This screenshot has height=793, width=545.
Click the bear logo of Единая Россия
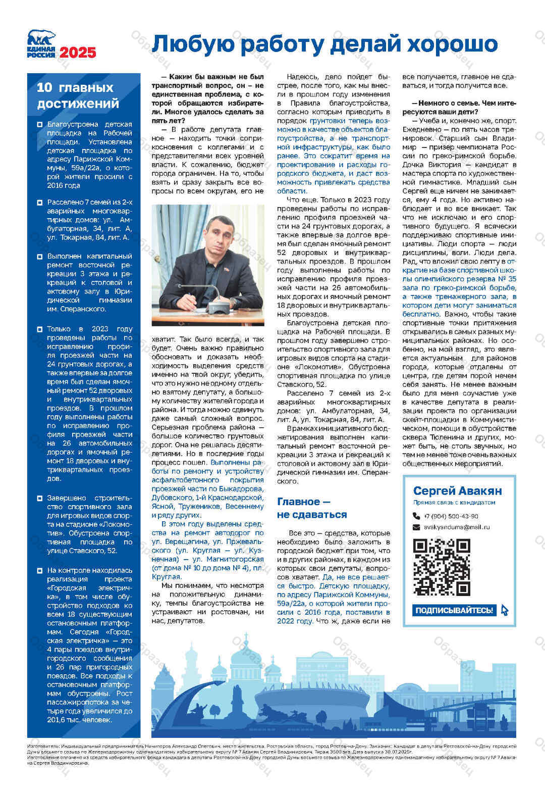(x=41, y=38)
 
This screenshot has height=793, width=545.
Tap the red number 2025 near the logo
(x=78, y=53)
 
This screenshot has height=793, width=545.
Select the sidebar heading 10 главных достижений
(x=78, y=95)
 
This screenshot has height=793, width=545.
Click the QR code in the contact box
(x=442, y=567)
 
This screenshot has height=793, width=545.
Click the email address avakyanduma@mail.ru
(x=457, y=527)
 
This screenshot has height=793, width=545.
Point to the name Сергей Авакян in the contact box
(x=457, y=490)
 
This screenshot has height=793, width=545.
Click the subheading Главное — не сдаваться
(x=312, y=508)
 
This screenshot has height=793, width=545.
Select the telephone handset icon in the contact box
(x=416, y=516)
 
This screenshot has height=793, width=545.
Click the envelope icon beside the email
(x=416, y=527)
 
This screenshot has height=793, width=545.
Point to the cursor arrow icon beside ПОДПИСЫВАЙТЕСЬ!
(x=504, y=610)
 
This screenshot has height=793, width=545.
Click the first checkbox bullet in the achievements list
(x=40, y=124)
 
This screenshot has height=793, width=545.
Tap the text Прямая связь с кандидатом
(x=454, y=503)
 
